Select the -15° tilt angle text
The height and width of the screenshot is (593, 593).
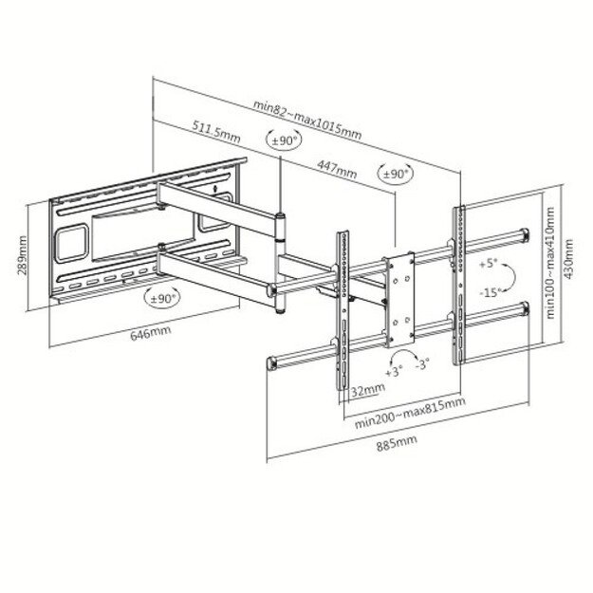tap(490, 290)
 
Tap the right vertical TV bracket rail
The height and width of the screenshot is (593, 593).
tap(457, 285)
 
